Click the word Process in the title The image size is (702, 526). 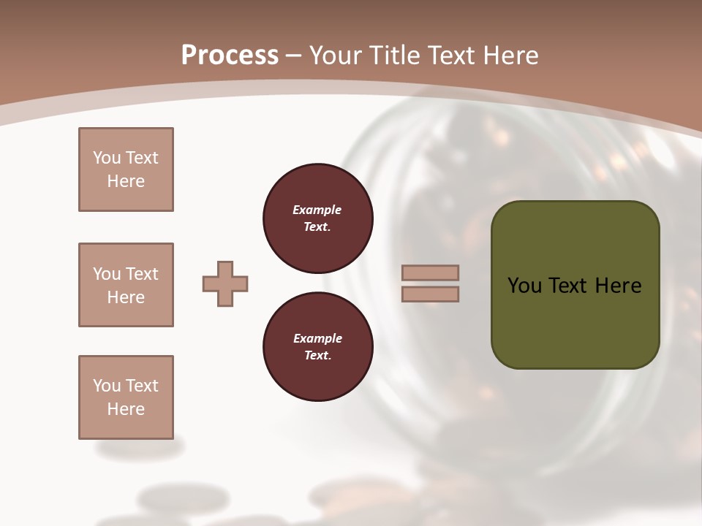[x=230, y=55]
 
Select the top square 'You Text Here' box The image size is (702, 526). [x=126, y=169]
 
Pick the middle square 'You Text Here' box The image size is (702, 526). [x=126, y=285]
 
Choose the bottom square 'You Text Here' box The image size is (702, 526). [x=126, y=397]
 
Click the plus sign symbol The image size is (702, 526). [x=225, y=283]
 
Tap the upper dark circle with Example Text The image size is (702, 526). [x=317, y=218]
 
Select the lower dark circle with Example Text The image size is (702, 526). [x=317, y=346]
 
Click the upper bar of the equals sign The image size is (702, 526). [x=430, y=272]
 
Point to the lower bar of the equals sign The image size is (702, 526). [x=430, y=294]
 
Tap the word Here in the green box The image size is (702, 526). [x=618, y=286]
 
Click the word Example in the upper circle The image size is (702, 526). [x=317, y=210]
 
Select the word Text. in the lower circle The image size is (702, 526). [x=317, y=356]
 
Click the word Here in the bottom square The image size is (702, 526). [x=126, y=409]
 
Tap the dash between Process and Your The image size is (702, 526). [x=294, y=56]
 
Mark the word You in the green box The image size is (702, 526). [x=524, y=286]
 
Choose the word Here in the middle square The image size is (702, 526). [x=126, y=297]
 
